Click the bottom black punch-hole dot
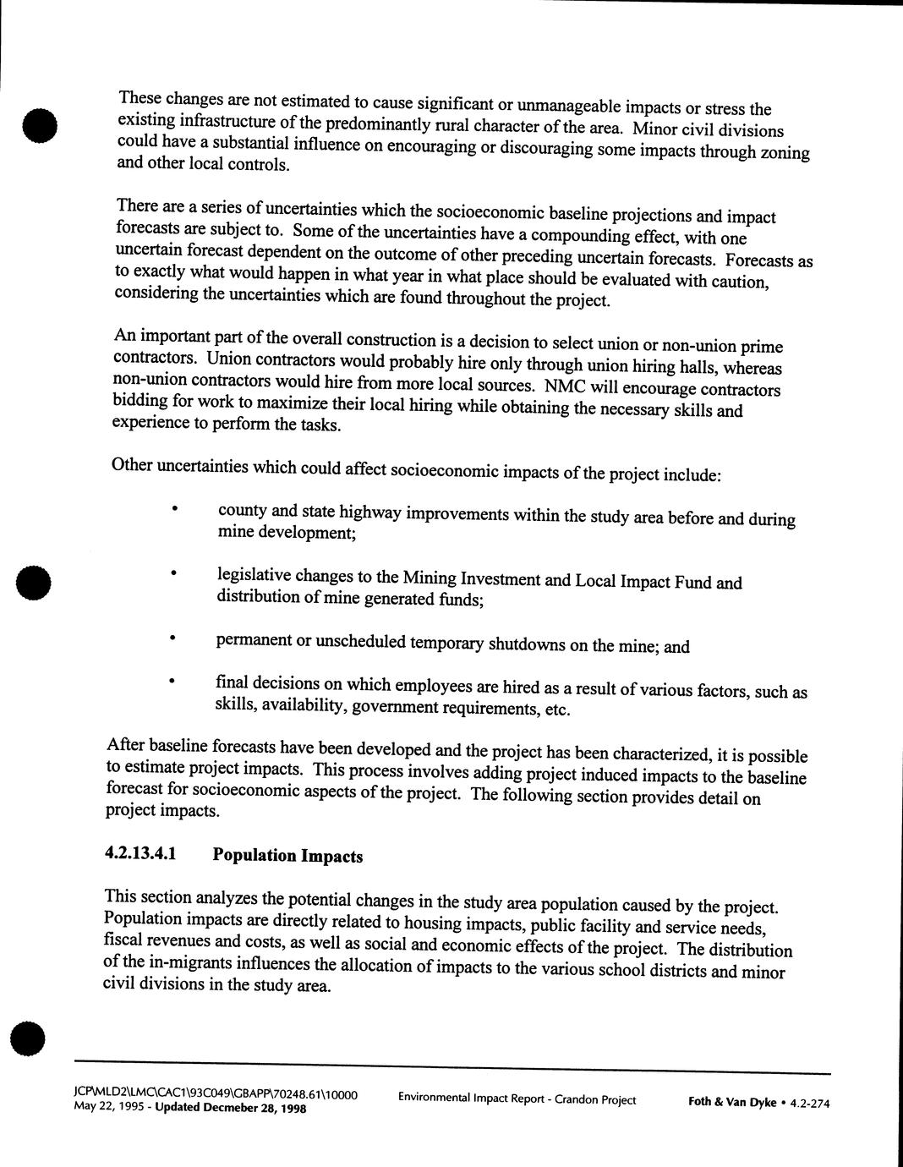pyautogui.click(x=28, y=1038)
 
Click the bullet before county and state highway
pyautogui.click(x=174, y=508)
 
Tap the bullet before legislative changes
pyautogui.click(x=173, y=573)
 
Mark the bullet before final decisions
pyautogui.click(x=172, y=680)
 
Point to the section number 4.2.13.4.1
pyautogui.click(x=140, y=853)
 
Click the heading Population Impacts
pyautogui.click(x=287, y=855)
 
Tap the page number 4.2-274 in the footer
pyautogui.click(x=809, y=1103)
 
